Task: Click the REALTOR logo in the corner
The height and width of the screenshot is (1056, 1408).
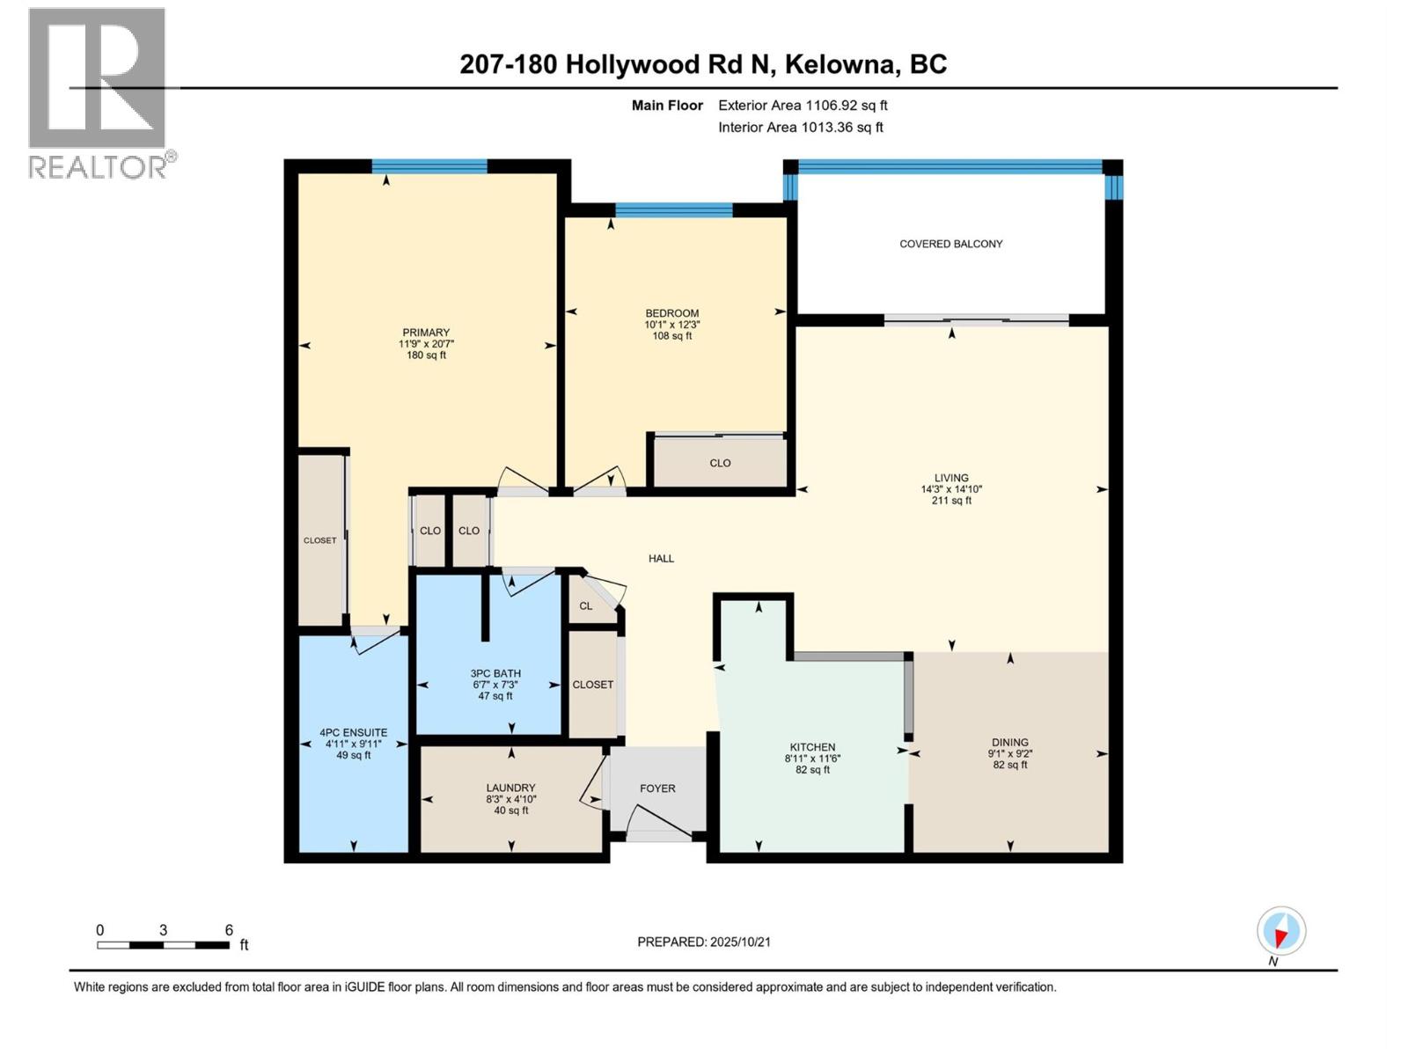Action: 98,92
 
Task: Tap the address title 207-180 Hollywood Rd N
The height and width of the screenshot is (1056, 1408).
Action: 703,64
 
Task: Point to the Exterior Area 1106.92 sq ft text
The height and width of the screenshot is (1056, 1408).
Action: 803,106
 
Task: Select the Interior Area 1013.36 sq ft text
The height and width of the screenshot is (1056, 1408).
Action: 800,128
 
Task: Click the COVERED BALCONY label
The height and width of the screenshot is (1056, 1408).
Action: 950,244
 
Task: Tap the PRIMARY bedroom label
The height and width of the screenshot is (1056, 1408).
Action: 426,333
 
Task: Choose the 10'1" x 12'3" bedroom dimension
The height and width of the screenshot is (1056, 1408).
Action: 672,325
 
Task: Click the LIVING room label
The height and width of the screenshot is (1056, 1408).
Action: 951,478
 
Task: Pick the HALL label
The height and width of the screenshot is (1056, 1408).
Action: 661,559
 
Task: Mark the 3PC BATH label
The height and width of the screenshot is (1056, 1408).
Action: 495,673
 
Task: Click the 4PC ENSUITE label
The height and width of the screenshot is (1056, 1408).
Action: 354,732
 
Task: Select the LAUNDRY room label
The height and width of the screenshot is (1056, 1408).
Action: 510,788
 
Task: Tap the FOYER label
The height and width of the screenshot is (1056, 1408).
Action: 657,788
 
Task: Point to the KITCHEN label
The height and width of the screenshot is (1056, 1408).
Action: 812,747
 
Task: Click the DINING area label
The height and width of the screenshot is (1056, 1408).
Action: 1009,742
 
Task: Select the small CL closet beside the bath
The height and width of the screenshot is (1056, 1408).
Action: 586,605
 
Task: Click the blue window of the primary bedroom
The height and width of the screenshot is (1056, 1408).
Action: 429,166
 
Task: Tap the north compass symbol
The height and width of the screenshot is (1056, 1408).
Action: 1281,931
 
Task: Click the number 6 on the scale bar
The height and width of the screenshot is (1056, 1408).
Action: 229,930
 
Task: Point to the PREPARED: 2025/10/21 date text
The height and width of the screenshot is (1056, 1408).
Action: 704,942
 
